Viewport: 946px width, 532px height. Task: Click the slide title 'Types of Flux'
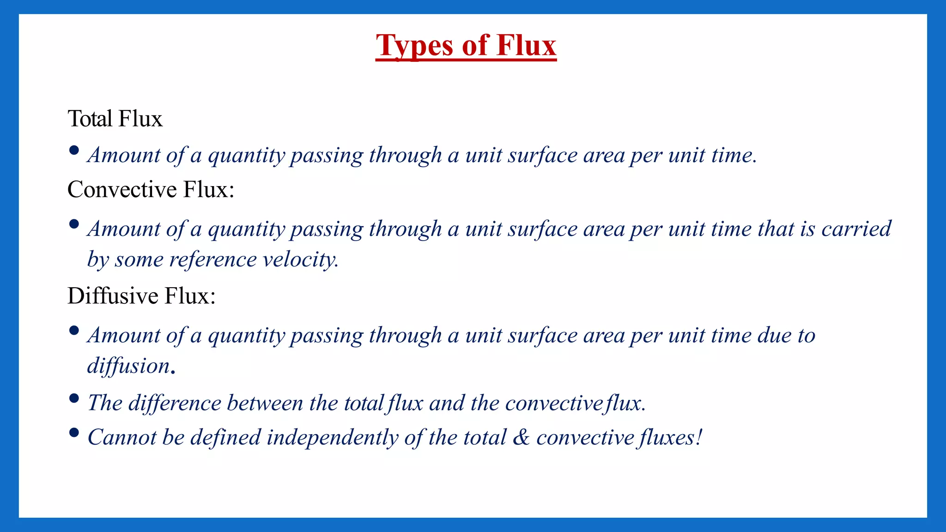(x=466, y=45)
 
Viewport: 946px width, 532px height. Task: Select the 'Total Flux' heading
(x=115, y=119)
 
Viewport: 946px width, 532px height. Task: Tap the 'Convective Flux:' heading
(x=151, y=189)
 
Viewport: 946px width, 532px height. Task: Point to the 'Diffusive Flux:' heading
(x=141, y=296)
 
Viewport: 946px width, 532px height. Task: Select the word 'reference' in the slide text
(x=213, y=260)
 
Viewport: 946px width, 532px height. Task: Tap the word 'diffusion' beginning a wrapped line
(x=129, y=366)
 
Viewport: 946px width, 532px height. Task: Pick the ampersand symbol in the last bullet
(x=521, y=437)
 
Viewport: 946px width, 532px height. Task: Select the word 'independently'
(x=332, y=437)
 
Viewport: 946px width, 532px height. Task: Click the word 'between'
(x=265, y=403)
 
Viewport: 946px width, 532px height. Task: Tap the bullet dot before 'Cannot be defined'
(x=74, y=433)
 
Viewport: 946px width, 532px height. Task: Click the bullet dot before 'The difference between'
(x=74, y=399)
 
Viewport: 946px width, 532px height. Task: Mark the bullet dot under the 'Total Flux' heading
(x=74, y=151)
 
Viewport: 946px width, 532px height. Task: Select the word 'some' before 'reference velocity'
(x=139, y=260)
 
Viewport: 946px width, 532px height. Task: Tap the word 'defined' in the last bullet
(x=225, y=437)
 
